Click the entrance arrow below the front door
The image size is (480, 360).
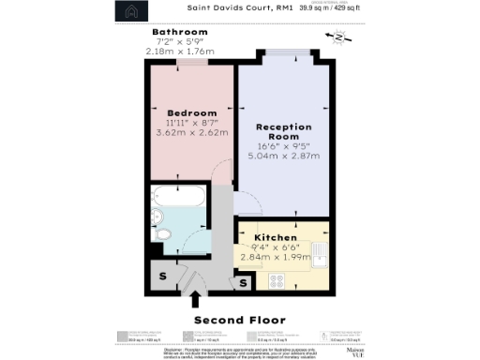click(x=195, y=299)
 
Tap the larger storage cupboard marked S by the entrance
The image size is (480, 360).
click(x=161, y=277)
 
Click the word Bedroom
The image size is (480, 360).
click(x=180, y=112)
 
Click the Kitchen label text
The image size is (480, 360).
click(x=277, y=239)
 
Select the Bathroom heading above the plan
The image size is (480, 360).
click(x=180, y=33)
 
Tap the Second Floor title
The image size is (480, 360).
click(x=239, y=321)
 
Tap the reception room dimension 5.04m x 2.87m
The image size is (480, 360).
click(x=282, y=157)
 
